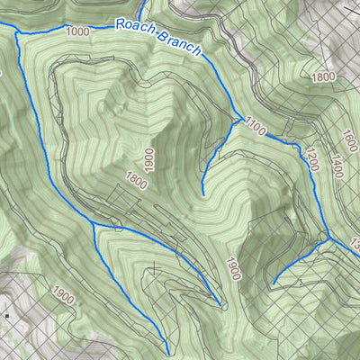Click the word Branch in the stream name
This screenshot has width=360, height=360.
point(178,42)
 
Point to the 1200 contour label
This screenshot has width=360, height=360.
point(311,159)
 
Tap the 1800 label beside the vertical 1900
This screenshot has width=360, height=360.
point(138,182)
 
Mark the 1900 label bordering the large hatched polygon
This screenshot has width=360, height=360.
point(233,268)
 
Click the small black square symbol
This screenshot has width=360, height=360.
point(7,316)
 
